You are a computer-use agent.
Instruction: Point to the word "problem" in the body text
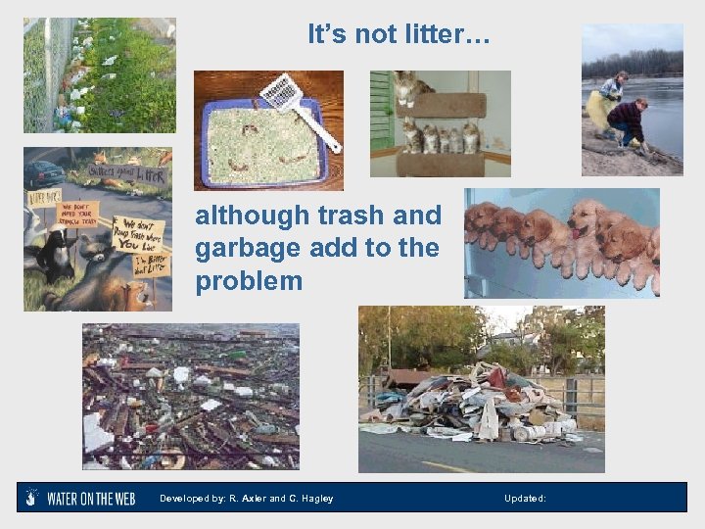tap(249, 282)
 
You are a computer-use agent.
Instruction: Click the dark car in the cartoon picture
tap(44, 174)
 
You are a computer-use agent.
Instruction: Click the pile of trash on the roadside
tap(480, 405)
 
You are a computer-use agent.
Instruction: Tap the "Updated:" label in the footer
tap(525, 499)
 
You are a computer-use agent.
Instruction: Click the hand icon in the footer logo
tap(32, 498)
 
